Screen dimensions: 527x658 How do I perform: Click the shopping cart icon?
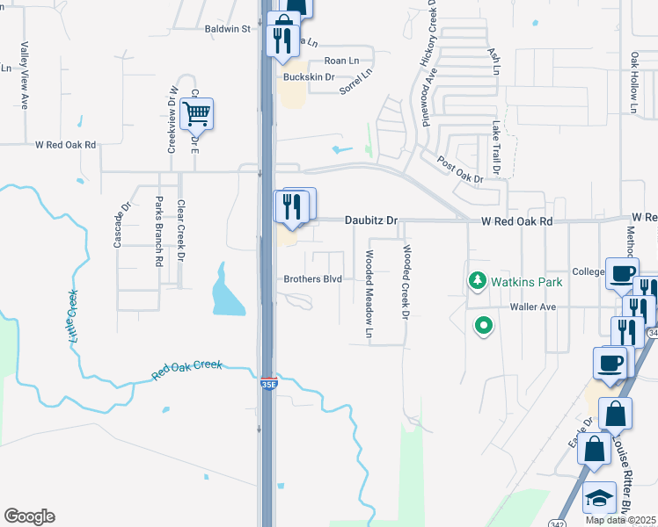click(196, 113)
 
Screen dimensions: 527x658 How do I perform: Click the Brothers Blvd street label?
click(312, 280)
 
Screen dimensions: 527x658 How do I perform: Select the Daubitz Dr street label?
click(371, 221)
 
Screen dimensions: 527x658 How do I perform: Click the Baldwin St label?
click(228, 29)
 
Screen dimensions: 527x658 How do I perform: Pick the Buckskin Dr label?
click(309, 77)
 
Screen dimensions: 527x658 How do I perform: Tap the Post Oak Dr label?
click(460, 170)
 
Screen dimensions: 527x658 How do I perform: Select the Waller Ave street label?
click(534, 307)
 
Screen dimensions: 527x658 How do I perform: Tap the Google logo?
click(29, 516)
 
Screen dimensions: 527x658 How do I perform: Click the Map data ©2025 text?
click(621, 520)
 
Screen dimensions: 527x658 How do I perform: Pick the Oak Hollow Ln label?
click(633, 83)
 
